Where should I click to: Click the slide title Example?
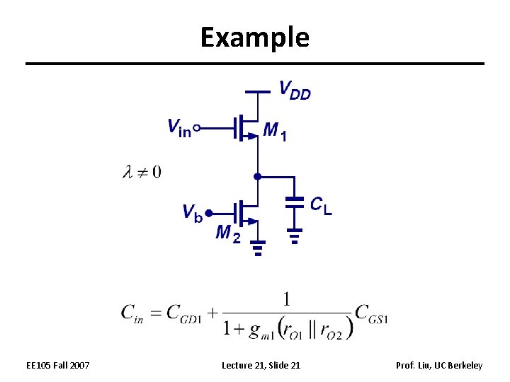pyautogui.click(x=254, y=37)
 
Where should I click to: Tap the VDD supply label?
pyautogui.click(x=295, y=90)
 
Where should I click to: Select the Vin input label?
pyautogui.click(x=178, y=128)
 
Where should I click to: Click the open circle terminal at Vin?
pyautogui.click(x=197, y=128)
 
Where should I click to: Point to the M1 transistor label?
pyautogui.click(x=275, y=130)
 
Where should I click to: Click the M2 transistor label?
pyautogui.click(x=228, y=233)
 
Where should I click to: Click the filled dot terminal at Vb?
pyautogui.click(x=208, y=211)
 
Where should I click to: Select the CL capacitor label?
pyautogui.click(x=321, y=205)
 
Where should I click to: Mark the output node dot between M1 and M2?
pyautogui.click(x=258, y=175)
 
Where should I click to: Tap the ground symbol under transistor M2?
pyautogui.click(x=258, y=248)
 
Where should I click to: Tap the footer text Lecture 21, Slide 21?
pyautogui.click(x=261, y=365)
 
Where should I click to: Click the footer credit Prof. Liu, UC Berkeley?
pyautogui.click(x=439, y=365)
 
